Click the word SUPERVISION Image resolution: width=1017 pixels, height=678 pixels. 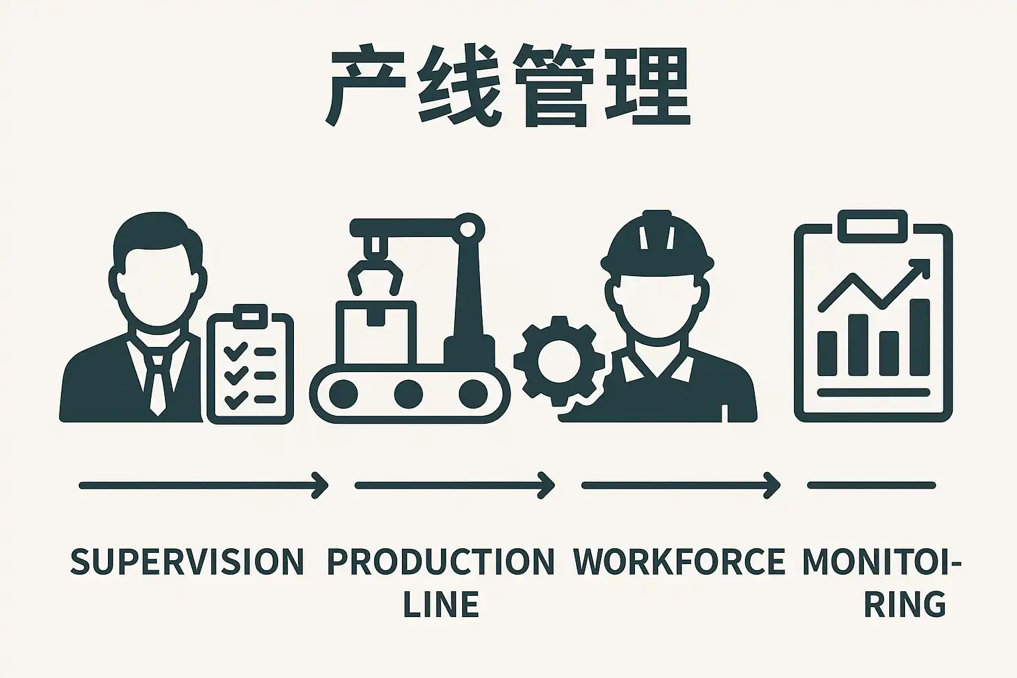click(187, 562)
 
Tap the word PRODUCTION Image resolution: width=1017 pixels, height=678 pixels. click(440, 562)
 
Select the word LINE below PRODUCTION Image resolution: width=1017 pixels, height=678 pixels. click(441, 605)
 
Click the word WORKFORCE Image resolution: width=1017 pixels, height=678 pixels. click(679, 562)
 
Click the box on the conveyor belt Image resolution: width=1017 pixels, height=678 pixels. click(376, 331)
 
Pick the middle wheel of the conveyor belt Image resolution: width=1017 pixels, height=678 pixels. click(409, 394)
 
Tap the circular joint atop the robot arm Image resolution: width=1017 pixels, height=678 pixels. click(467, 230)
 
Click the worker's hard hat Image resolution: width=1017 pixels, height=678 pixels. click(657, 245)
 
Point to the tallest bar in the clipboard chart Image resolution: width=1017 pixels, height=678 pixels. click(920, 338)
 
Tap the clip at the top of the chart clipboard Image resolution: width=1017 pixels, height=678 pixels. click(873, 226)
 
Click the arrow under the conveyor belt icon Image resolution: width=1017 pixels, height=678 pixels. click(455, 485)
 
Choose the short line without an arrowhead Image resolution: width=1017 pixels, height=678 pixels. click(871, 485)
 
